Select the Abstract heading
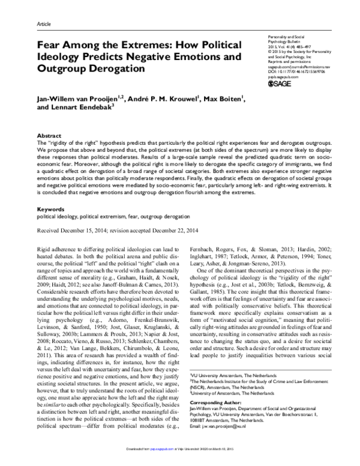click(x=49, y=136)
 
